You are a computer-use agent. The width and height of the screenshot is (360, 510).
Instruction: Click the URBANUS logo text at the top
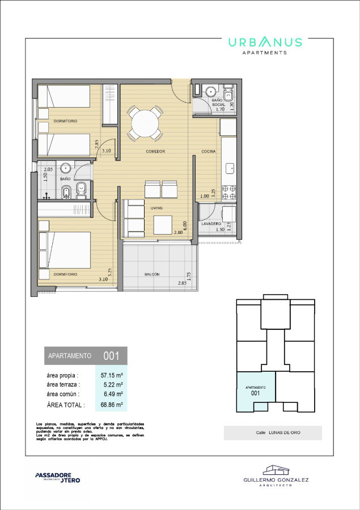click(265, 42)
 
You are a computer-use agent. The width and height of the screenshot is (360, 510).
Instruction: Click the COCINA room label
click(208, 151)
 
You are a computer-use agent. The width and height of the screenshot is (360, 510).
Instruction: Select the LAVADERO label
click(211, 224)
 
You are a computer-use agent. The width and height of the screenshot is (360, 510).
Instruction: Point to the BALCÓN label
click(151, 274)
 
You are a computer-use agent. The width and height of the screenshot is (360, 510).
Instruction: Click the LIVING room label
click(156, 208)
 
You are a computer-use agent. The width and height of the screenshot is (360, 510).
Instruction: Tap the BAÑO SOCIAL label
click(219, 103)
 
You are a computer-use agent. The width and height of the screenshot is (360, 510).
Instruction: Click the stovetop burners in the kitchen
click(230, 193)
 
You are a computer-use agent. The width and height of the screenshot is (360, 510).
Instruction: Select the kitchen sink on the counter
click(230, 168)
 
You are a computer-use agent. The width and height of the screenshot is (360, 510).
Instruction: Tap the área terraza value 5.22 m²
click(112, 385)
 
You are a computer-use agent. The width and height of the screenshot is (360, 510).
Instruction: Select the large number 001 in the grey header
click(111, 356)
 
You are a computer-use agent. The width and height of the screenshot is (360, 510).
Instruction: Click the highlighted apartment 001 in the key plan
click(255, 390)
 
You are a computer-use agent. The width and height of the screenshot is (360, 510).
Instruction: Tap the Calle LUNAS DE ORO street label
click(273, 433)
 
